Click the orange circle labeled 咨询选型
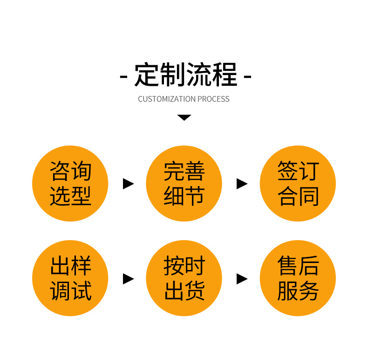point(70,183)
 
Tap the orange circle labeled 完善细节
point(184,183)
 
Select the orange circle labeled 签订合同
point(298,183)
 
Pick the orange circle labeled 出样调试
point(70,278)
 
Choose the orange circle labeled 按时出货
point(184,278)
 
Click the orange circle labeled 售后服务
point(298,278)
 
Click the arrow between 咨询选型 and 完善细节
point(128,184)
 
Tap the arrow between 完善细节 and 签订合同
point(242,184)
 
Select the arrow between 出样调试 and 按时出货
point(128,279)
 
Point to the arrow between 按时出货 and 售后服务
point(242,279)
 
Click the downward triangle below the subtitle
point(184,118)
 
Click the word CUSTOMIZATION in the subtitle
point(167,99)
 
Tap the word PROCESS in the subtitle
point(213,99)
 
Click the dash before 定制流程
point(123,76)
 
